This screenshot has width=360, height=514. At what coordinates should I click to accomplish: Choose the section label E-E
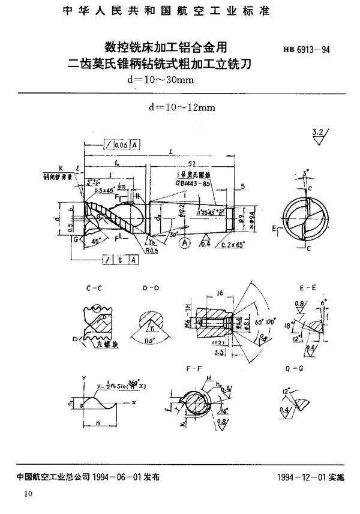(x=308, y=288)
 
